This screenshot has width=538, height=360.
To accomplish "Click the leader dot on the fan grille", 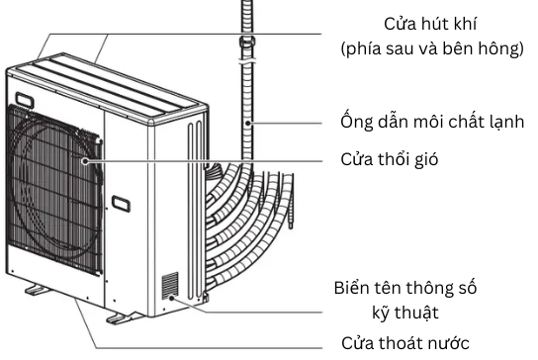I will (x=87, y=158).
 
